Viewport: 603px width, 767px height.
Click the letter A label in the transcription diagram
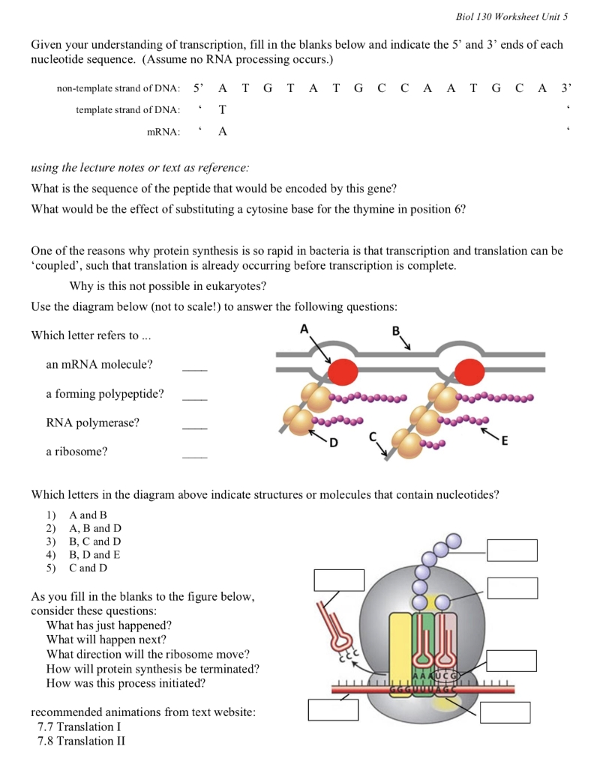click(x=303, y=328)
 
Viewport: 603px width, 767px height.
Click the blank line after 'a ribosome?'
click(x=194, y=456)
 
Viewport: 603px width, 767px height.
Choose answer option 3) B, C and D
click(x=94, y=542)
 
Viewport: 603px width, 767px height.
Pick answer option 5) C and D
click(x=88, y=568)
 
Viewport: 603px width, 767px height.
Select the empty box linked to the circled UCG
click(x=511, y=661)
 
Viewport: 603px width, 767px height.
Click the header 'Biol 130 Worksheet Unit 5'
click(x=511, y=16)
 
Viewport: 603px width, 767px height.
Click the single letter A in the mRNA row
click(x=223, y=133)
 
